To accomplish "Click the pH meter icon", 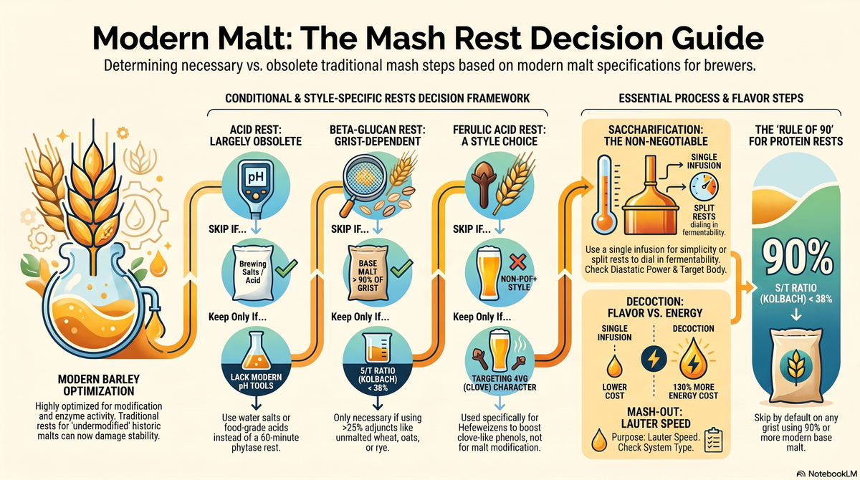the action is pos(256,188).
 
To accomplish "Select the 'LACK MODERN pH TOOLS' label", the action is pos(256,381).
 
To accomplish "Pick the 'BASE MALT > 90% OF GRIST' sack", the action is pos(368,273).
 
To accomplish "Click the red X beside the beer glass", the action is pos(518,262).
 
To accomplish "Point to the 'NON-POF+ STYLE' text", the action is pos(519,283).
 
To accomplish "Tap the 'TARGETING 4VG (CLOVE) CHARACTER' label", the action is pos(500,383).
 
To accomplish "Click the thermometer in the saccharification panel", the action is pos(604,195).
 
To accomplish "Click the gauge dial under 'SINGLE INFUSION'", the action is pos(704,187).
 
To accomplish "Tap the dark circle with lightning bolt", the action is pos(654,359).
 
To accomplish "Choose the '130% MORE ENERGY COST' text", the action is pos(694,391).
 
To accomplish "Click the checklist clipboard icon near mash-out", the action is pos(714,440).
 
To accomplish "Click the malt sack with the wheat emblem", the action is pos(796,365).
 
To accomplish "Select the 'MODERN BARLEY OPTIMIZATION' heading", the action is pos(99,385).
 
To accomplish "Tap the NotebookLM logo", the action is pos(826,474).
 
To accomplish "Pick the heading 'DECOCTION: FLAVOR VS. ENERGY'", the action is pos(655,307).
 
